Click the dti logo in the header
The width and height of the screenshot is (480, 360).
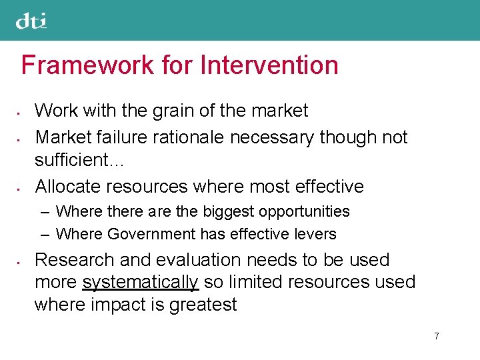(x=31, y=21)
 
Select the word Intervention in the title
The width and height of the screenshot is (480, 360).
(x=269, y=65)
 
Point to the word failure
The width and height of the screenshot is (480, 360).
(x=124, y=137)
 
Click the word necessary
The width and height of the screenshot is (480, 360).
(x=272, y=137)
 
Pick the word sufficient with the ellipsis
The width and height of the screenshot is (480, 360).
(x=80, y=160)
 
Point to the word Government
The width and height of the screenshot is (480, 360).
(x=151, y=234)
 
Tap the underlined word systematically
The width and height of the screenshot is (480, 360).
(x=140, y=283)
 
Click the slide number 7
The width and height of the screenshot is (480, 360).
(x=436, y=336)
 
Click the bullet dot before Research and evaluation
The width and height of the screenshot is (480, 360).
(x=22, y=260)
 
